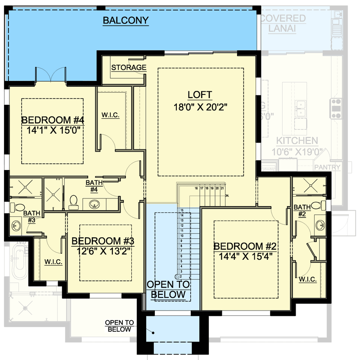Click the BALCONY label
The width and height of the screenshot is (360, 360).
coord(126,20)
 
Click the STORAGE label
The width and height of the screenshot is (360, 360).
coord(129,67)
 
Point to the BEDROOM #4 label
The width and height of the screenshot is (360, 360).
coord(54,120)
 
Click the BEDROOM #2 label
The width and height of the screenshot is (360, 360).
coord(244,246)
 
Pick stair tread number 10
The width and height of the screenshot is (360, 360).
coord(182,235)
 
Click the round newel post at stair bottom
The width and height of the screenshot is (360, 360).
coord(177,276)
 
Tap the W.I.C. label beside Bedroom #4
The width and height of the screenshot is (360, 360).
coord(111,115)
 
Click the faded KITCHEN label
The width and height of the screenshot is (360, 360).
coord(297,141)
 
